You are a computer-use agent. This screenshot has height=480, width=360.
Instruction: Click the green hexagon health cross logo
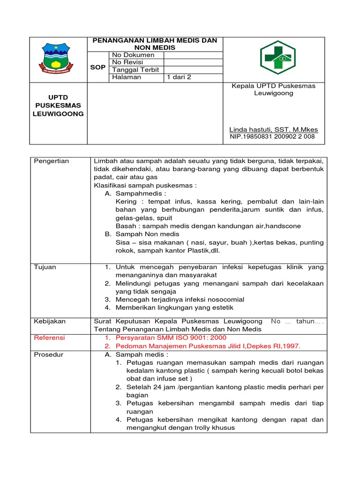(278, 58)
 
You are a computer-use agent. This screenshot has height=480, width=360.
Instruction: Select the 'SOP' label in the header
(98, 67)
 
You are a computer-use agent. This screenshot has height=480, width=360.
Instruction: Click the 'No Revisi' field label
(127, 62)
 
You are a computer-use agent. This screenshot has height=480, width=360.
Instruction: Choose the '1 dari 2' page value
(179, 77)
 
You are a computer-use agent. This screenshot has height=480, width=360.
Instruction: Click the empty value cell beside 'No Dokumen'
(193, 55)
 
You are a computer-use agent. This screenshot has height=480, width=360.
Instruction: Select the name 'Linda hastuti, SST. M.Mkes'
(273, 129)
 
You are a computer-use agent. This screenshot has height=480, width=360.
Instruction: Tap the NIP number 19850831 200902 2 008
(272, 137)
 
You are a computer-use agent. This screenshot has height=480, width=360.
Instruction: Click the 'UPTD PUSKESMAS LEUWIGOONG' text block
(58, 105)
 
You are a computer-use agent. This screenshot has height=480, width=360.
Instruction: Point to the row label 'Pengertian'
(52, 161)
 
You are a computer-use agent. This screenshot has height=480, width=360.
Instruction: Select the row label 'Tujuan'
(45, 267)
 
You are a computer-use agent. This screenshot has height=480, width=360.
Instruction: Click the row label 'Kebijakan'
(50, 322)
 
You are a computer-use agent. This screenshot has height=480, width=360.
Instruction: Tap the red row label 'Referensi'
(50, 338)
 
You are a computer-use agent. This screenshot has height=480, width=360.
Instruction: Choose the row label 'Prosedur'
(49, 354)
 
